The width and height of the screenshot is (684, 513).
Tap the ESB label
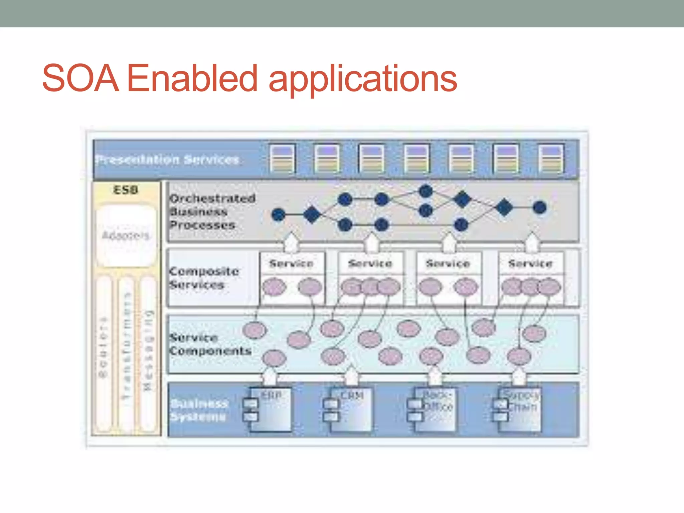click(x=126, y=190)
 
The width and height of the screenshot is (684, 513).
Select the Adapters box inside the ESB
click(x=126, y=235)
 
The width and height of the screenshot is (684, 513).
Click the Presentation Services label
click(x=167, y=160)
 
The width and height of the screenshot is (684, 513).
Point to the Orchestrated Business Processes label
click(x=212, y=211)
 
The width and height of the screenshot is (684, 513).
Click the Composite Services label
click(x=204, y=278)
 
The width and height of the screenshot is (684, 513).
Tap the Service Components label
click(x=210, y=344)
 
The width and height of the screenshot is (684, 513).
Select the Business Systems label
click(x=199, y=410)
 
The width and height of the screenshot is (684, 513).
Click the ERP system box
click(x=271, y=409)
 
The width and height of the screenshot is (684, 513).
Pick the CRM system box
click(x=351, y=409)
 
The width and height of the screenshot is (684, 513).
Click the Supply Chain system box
click(x=520, y=409)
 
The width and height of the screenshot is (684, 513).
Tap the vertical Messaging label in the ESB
click(x=148, y=351)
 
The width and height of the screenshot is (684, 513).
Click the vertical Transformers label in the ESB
click(x=126, y=346)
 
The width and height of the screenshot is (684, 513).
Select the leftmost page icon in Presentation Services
click(x=282, y=158)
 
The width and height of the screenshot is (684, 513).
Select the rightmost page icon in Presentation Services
click(x=551, y=158)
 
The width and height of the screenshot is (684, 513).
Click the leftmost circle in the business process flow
click(x=279, y=214)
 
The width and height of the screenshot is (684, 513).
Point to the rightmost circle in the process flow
click(x=539, y=207)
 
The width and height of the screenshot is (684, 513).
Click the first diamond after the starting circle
click(x=312, y=214)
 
